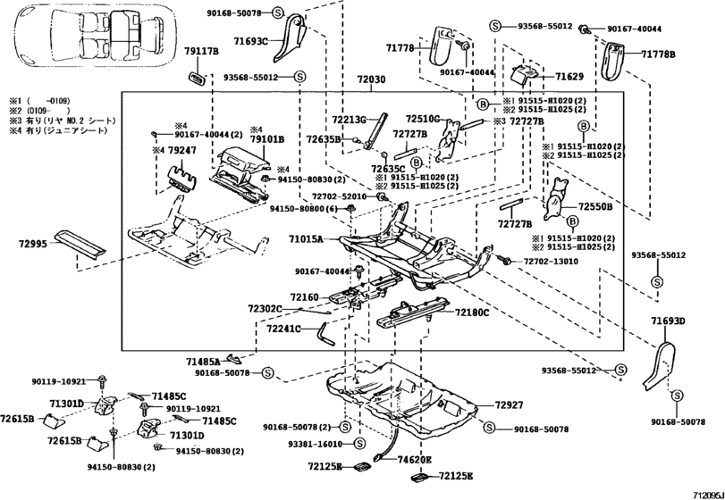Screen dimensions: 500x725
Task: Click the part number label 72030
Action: coord(372,80)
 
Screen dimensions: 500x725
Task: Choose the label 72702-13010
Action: coord(549,262)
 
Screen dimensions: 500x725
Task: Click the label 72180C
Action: coord(472,312)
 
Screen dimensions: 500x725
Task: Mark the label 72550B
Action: coord(595,206)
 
